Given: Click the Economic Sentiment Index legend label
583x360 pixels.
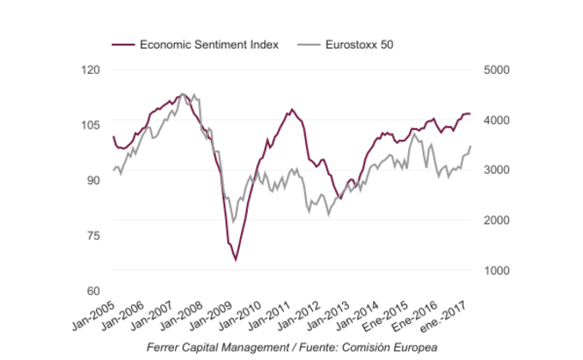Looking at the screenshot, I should click(208, 44).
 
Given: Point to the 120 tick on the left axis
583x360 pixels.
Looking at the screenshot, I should click(90, 69).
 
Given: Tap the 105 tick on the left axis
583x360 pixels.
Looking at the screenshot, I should click(90, 125).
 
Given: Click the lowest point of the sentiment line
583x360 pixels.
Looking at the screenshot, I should click(236, 260).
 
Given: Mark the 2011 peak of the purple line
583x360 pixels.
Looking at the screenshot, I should click(292, 109).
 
